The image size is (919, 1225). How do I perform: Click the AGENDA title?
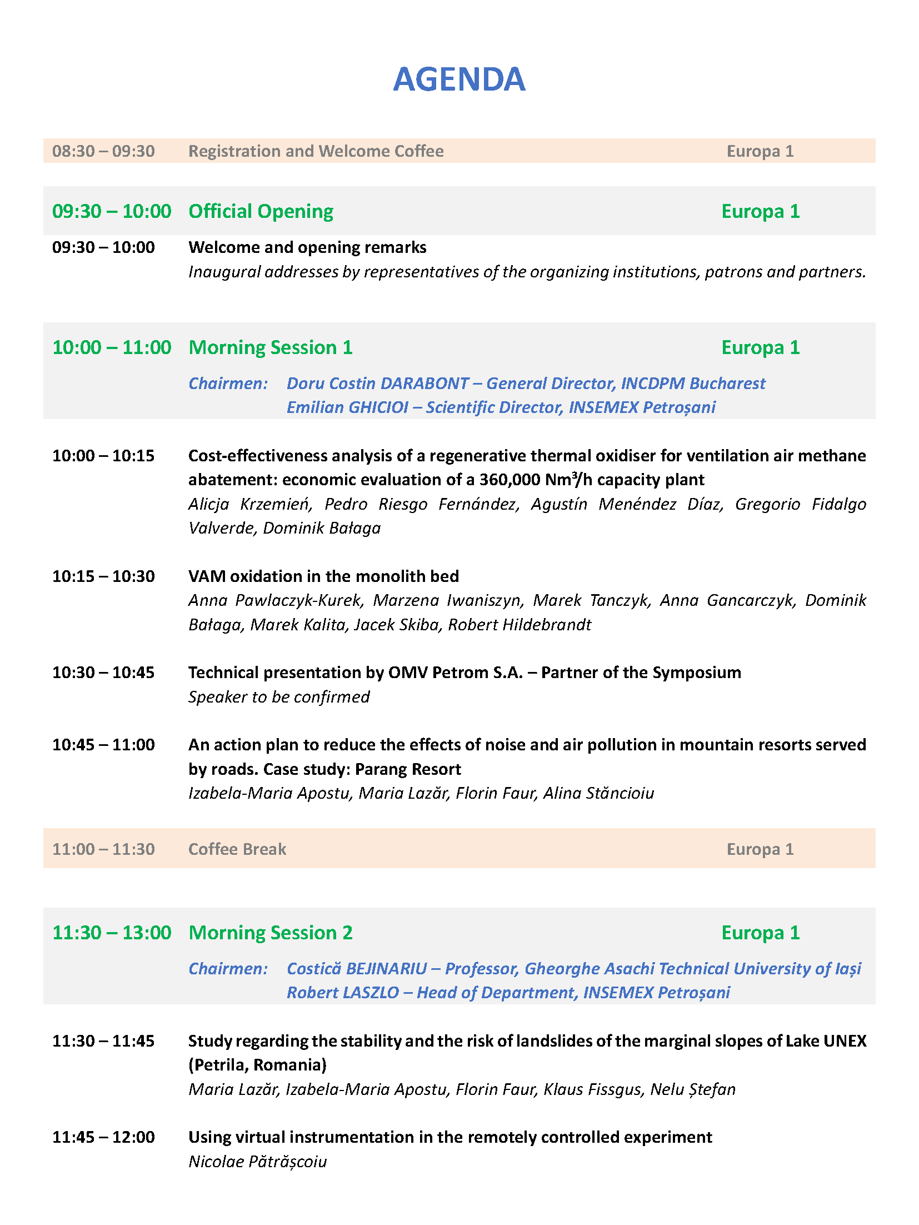pos(459,79)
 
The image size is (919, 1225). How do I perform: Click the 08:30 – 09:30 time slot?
pos(103,151)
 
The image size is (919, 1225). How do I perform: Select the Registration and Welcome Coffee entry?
pos(316,151)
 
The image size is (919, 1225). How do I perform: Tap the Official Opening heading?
pos(261,211)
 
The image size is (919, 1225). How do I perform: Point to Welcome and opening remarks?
pos(307,247)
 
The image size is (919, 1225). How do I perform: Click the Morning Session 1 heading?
pos(271,347)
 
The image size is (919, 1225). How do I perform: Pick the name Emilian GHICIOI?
pos(347,407)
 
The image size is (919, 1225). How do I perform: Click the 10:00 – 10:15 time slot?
pos(103,456)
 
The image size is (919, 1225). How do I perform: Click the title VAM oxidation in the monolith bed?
pos(323,576)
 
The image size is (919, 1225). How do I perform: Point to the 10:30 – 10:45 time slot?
pos(103,673)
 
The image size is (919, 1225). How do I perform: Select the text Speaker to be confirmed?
pos(279,697)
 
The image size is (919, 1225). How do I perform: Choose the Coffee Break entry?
pos(237,849)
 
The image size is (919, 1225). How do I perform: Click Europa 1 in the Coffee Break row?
pos(760,849)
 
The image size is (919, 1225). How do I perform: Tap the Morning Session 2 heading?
pos(271,933)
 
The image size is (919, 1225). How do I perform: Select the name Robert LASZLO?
pos(343,993)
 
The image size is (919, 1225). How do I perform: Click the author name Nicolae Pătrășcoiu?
pos(258,1162)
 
